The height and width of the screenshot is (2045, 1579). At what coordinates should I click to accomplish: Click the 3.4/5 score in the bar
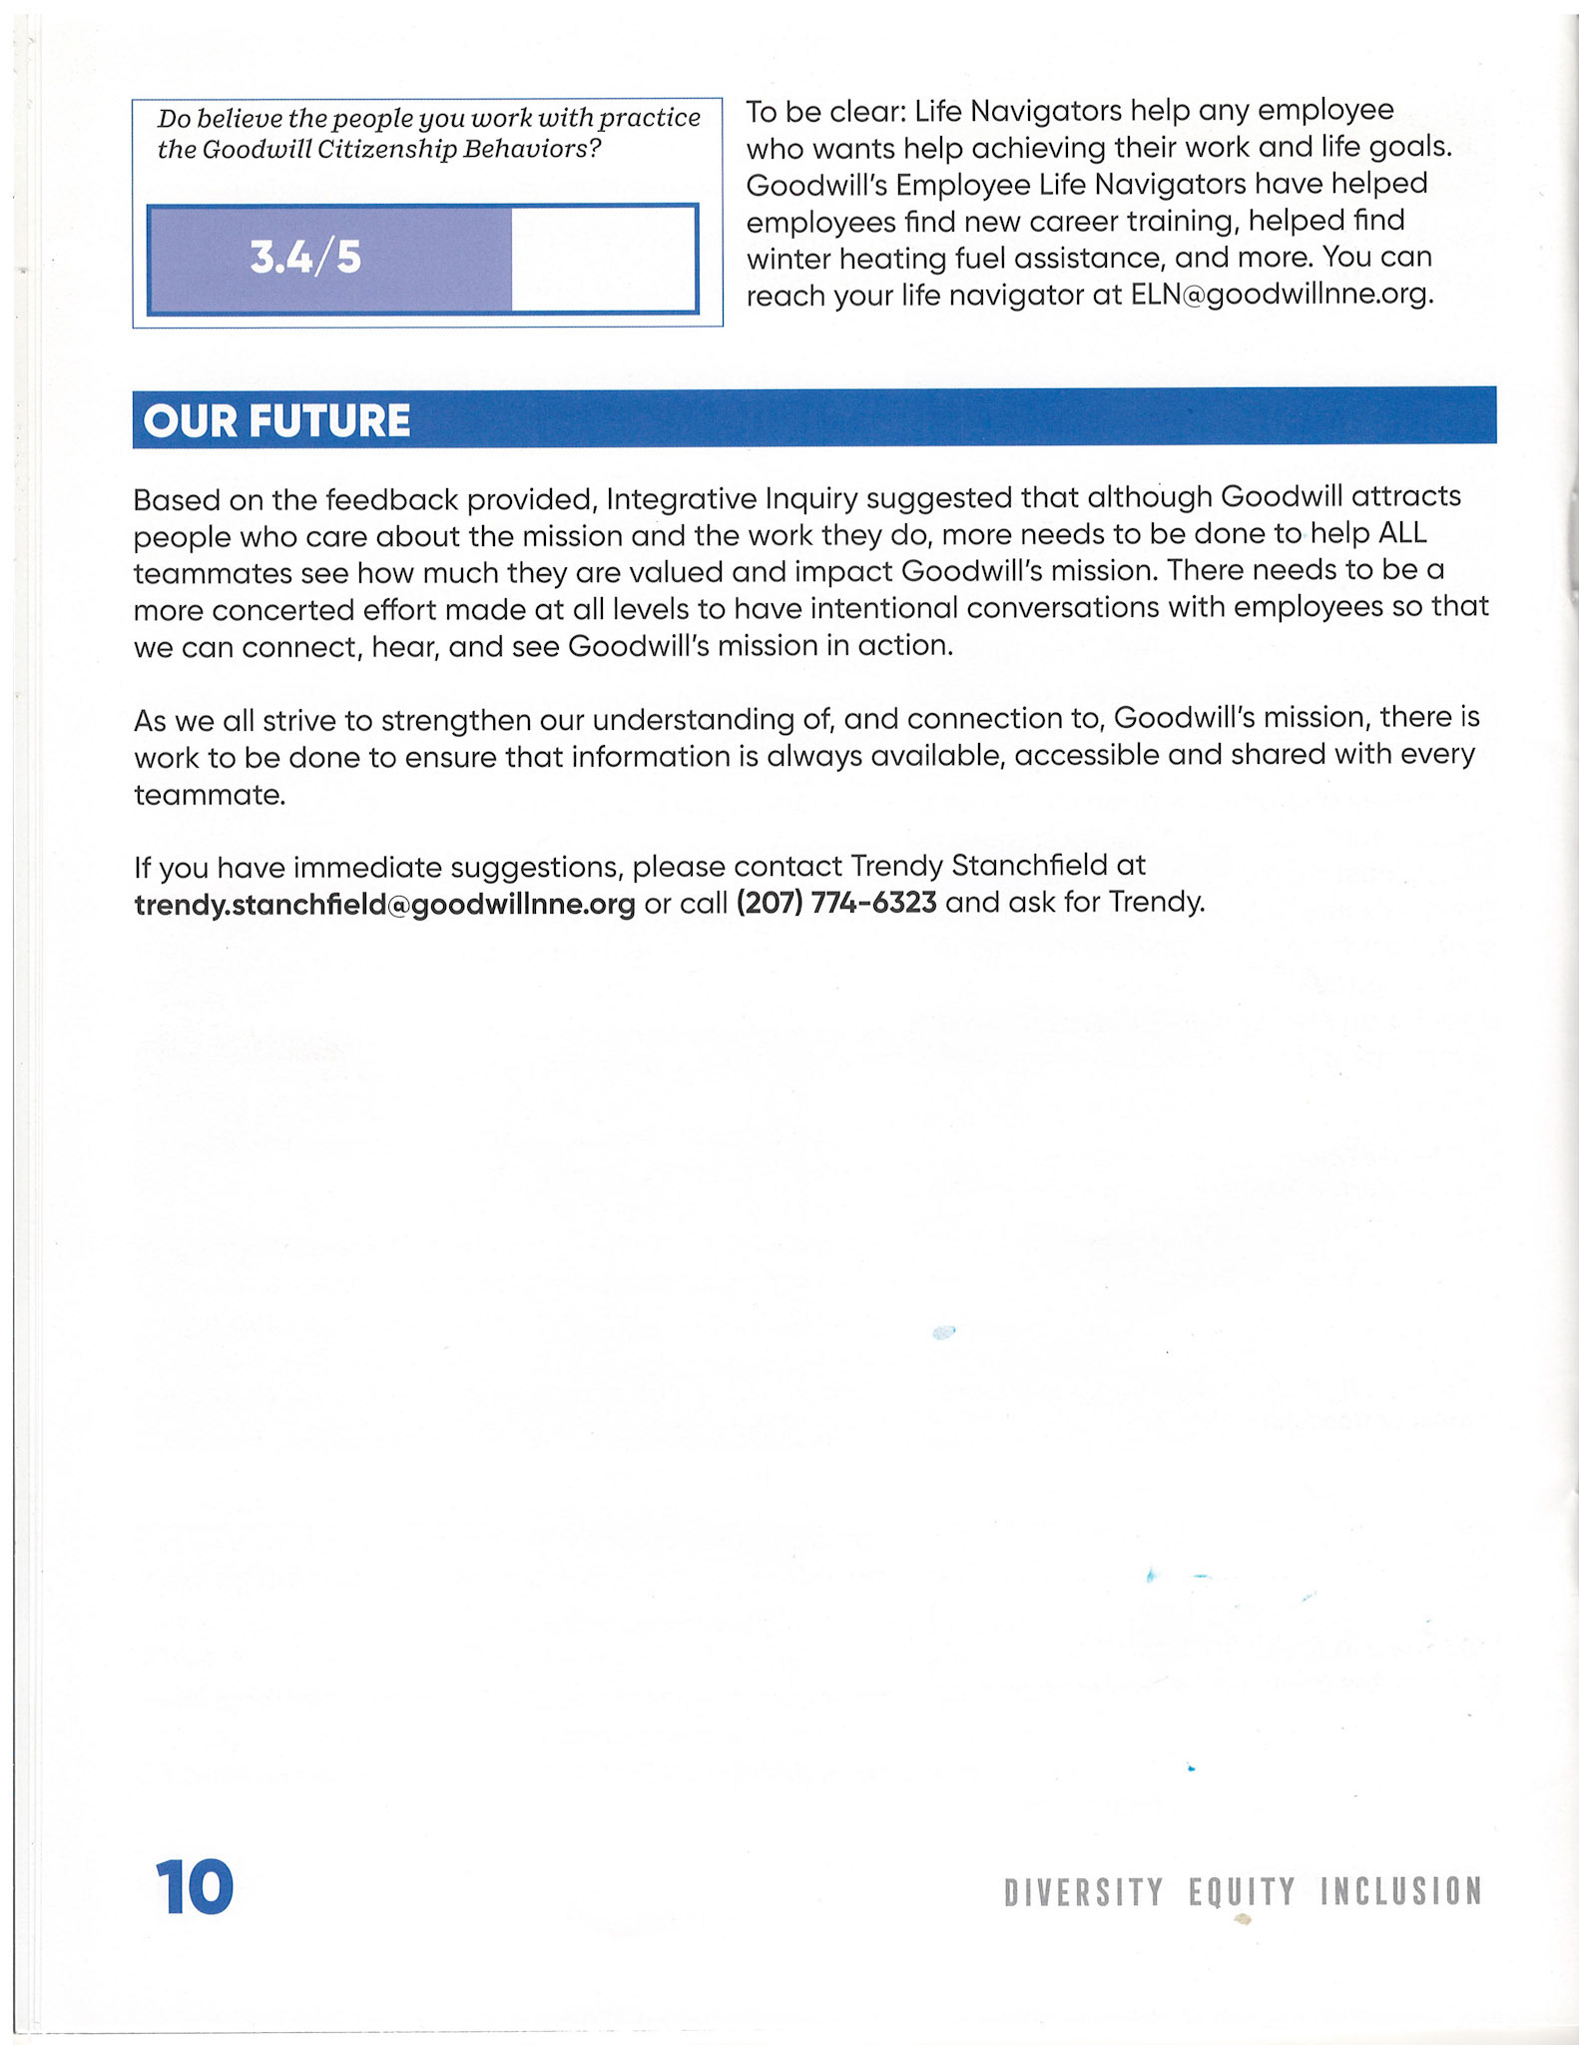[305, 258]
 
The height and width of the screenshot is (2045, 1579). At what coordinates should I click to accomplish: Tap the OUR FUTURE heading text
[276, 420]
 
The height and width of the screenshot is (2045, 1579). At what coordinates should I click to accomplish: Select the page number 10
[194, 1887]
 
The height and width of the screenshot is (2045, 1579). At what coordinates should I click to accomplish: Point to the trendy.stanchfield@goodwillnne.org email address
[384, 904]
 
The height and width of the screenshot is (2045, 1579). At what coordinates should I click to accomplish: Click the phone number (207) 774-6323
[836, 903]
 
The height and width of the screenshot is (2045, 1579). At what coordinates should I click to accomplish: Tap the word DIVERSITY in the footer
[1083, 1892]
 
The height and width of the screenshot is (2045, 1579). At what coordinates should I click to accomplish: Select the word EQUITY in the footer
[1242, 1892]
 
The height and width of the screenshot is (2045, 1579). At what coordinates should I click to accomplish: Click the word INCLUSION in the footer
[1400, 1891]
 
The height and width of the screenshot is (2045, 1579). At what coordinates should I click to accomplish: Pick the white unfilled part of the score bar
[603, 259]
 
